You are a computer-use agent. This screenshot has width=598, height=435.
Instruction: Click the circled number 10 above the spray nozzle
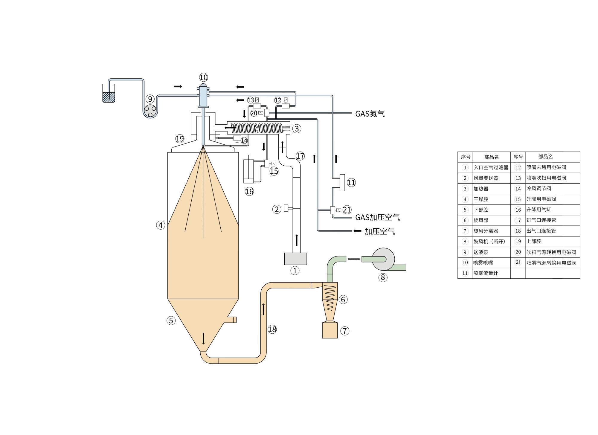203,77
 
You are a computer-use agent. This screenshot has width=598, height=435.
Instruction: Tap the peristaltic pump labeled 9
150,111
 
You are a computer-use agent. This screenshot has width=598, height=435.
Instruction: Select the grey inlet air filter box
295,259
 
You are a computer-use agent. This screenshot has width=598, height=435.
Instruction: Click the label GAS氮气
370,114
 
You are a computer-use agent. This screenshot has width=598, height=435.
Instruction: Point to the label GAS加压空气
377,217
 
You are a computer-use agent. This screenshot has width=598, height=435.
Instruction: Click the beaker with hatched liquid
109,93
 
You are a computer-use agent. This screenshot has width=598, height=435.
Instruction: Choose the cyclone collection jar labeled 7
330,330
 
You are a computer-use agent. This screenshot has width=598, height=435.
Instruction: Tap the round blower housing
383,259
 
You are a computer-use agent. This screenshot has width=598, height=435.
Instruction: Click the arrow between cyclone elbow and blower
354,259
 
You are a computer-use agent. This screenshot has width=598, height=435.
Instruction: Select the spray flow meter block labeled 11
342,182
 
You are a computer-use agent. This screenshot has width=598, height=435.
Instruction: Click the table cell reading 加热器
481,189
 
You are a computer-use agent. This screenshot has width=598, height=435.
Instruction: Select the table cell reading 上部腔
534,241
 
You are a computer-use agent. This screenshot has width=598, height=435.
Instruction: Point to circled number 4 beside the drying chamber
161,225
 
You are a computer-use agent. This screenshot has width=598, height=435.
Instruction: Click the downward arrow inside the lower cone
204,338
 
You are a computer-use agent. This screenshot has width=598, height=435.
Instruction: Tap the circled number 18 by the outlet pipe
272,329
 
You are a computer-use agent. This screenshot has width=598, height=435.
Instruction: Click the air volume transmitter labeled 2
286,208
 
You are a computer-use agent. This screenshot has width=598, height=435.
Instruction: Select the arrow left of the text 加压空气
357,231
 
